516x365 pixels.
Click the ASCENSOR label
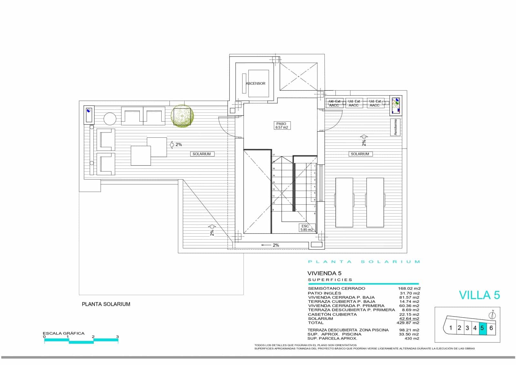click(x=255, y=83)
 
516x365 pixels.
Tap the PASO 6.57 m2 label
click(x=281, y=126)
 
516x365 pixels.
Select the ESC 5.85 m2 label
click(x=306, y=228)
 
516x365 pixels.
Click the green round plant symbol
click(x=182, y=115)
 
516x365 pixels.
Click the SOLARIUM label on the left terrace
click(x=202, y=154)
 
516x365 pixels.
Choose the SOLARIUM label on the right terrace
click(x=360, y=154)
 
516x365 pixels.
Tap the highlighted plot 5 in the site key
click(x=482, y=328)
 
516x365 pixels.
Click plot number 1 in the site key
click(x=451, y=328)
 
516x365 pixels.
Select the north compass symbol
click(x=493, y=315)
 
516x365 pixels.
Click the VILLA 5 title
click(x=479, y=295)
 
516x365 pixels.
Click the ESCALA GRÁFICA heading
click(x=64, y=333)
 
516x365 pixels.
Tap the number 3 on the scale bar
click(x=117, y=337)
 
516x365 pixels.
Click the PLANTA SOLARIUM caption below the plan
click(x=106, y=304)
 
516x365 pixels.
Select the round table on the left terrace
click(x=110, y=118)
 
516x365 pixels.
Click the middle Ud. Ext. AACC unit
click(x=354, y=103)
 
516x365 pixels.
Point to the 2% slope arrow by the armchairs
click(x=176, y=145)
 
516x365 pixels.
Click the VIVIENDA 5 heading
click(x=324, y=273)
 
